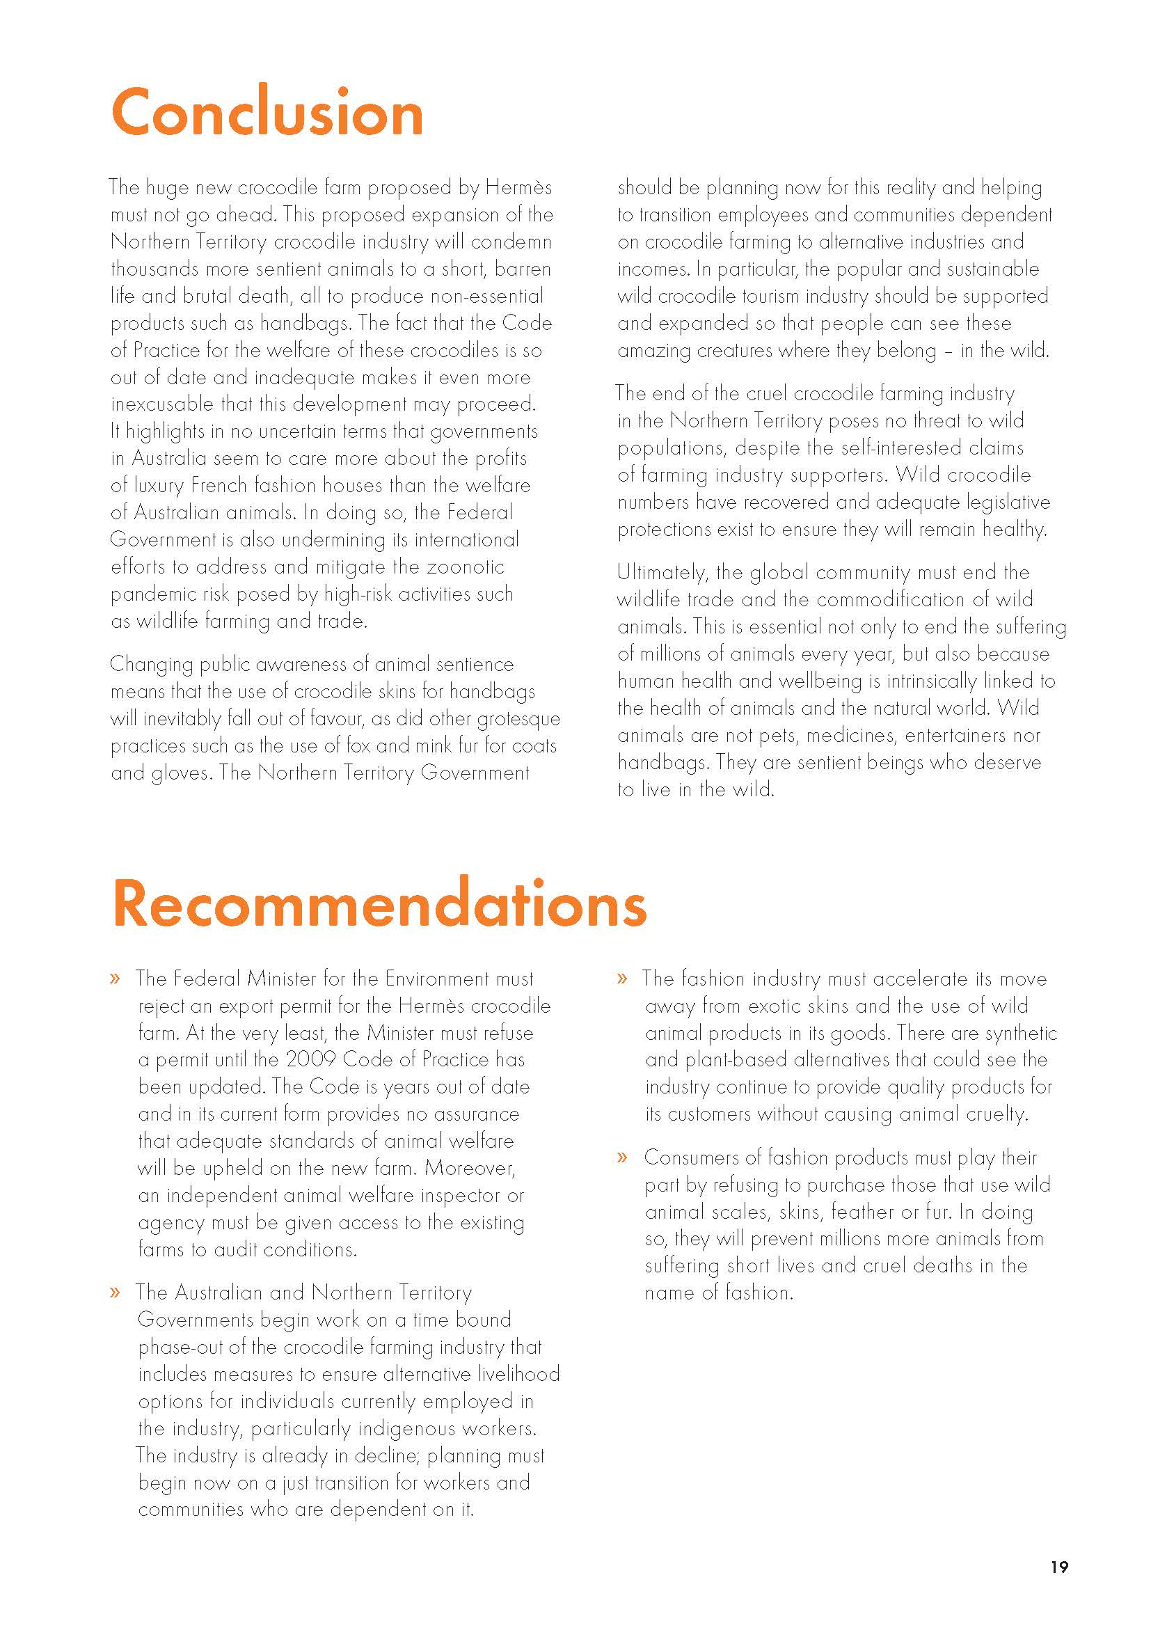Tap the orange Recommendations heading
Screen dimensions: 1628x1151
(379, 903)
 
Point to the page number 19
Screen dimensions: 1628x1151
(1059, 1566)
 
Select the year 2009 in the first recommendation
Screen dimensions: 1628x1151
(310, 1059)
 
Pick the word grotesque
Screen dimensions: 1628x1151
(518, 718)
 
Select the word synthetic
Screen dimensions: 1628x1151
(1021, 1032)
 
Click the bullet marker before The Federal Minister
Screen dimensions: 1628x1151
(115, 979)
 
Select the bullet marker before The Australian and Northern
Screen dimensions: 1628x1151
(115, 1293)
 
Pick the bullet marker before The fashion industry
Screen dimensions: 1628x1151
(622, 979)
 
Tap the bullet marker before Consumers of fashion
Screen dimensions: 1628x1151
(622, 1158)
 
